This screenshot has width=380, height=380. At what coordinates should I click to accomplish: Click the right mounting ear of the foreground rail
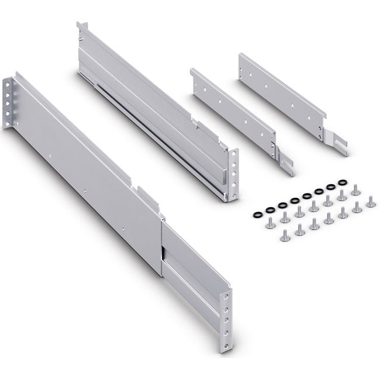pos(224,316)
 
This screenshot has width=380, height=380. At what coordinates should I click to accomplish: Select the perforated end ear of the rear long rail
pos(232,172)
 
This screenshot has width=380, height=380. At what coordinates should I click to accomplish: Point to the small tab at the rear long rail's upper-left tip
pos(82,26)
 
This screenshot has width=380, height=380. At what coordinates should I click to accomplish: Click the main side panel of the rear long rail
pos(152,111)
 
